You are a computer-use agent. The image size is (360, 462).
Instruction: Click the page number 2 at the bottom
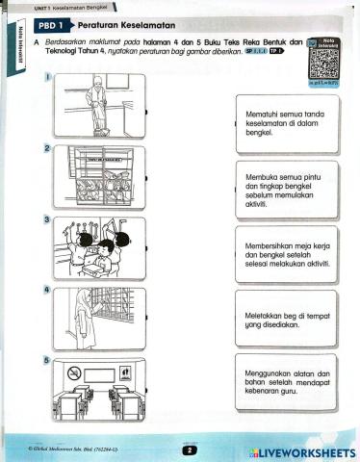(x=190, y=449)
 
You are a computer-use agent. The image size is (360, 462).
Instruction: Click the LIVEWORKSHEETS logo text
(x=295, y=451)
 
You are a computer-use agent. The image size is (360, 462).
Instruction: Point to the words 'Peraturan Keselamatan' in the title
(x=125, y=24)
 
